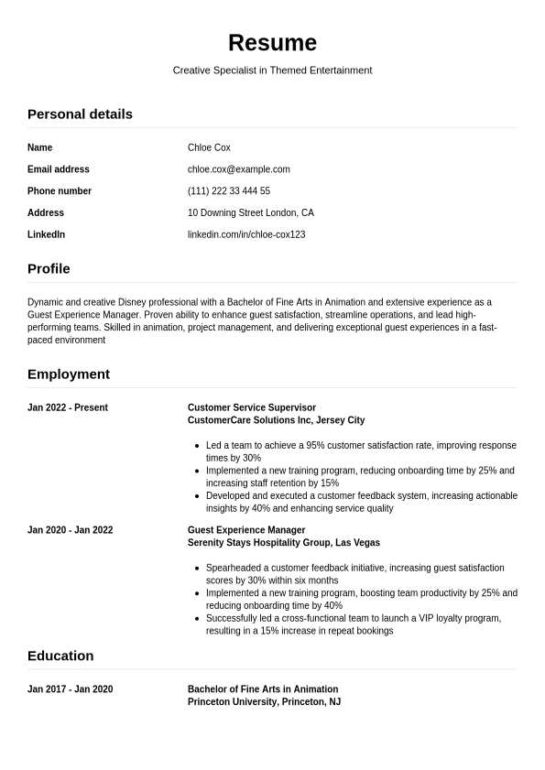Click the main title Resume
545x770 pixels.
tap(272, 43)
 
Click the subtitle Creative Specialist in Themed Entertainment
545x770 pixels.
tap(272, 70)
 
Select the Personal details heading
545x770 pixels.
tap(80, 114)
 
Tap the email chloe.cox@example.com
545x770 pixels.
tap(238, 169)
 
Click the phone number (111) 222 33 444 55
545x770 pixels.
tap(228, 191)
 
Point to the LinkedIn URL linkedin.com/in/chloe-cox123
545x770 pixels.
tap(246, 234)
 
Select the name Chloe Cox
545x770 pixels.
tap(209, 147)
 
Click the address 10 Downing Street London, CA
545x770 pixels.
tap(250, 212)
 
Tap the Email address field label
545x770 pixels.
tap(59, 169)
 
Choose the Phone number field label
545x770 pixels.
tap(60, 191)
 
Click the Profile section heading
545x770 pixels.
tap(49, 269)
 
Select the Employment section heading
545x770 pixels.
tap(69, 374)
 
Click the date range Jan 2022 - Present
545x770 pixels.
tap(68, 407)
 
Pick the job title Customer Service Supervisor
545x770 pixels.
tap(252, 407)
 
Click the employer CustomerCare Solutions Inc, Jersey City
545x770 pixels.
tap(276, 420)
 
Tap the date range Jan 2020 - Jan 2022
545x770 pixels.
tap(71, 530)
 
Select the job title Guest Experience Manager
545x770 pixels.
tap(246, 530)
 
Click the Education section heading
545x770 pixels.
tap(60, 656)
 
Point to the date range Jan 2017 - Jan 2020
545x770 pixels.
tap(71, 689)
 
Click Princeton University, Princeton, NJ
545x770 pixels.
tap(264, 702)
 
